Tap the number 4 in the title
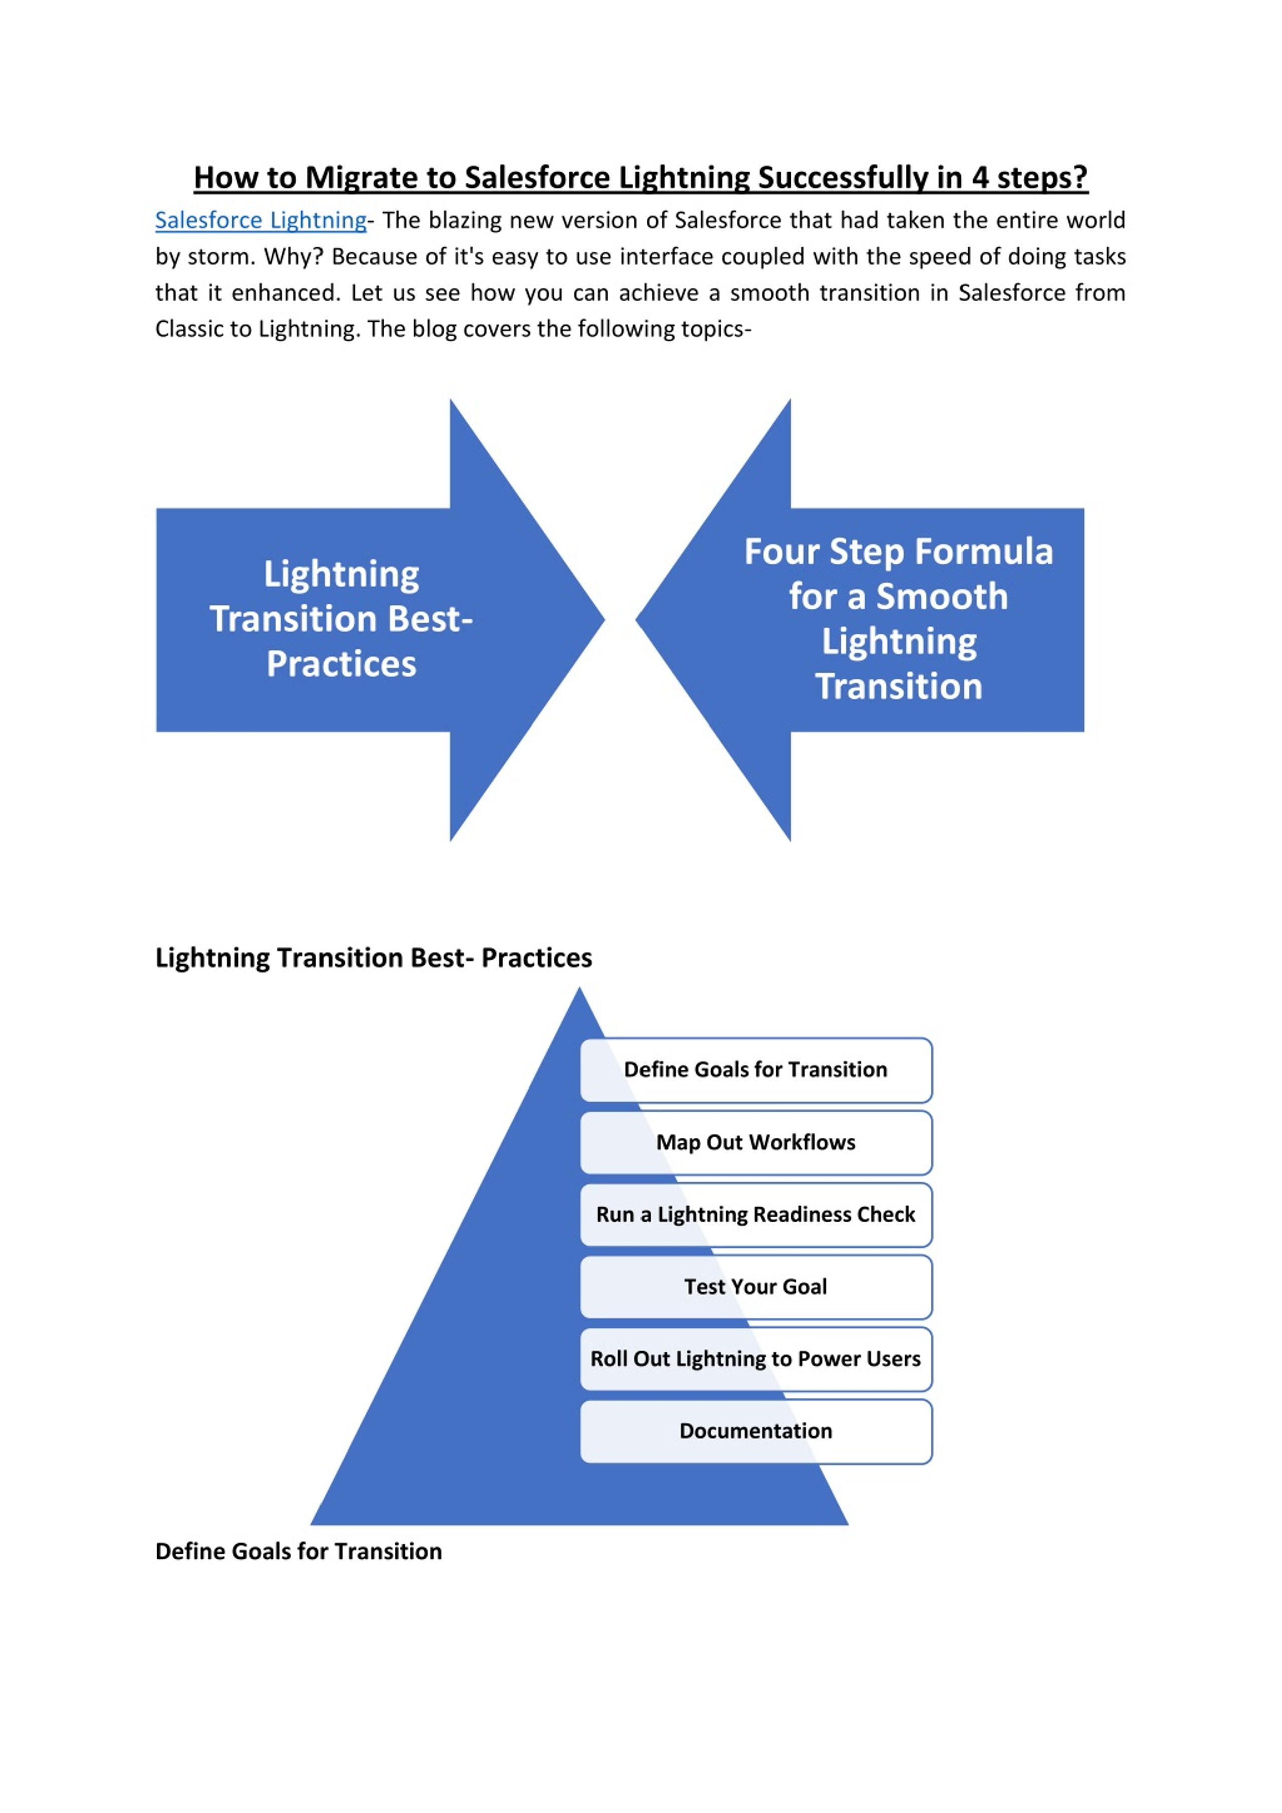pyautogui.click(x=980, y=178)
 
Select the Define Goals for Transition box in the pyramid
pyautogui.click(x=756, y=1070)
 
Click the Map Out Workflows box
pyautogui.click(x=756, y=1143)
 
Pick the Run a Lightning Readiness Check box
pyautogui.click(x=756, y=1215)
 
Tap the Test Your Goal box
pyautogui.click(x=756, y=1287)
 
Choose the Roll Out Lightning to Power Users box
pyautogui.click(x=756, y=1359)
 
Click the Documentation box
pyautogui.click(x=756, y=1431)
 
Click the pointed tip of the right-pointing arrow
pyautogui.click(x=605, y=620)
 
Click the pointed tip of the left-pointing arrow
pyautogui.click(x=636, y=620)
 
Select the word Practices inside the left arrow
pyautogui.click(x=341, y=664)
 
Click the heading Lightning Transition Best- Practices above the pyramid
pyautogui.click(x=374, y=958)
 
